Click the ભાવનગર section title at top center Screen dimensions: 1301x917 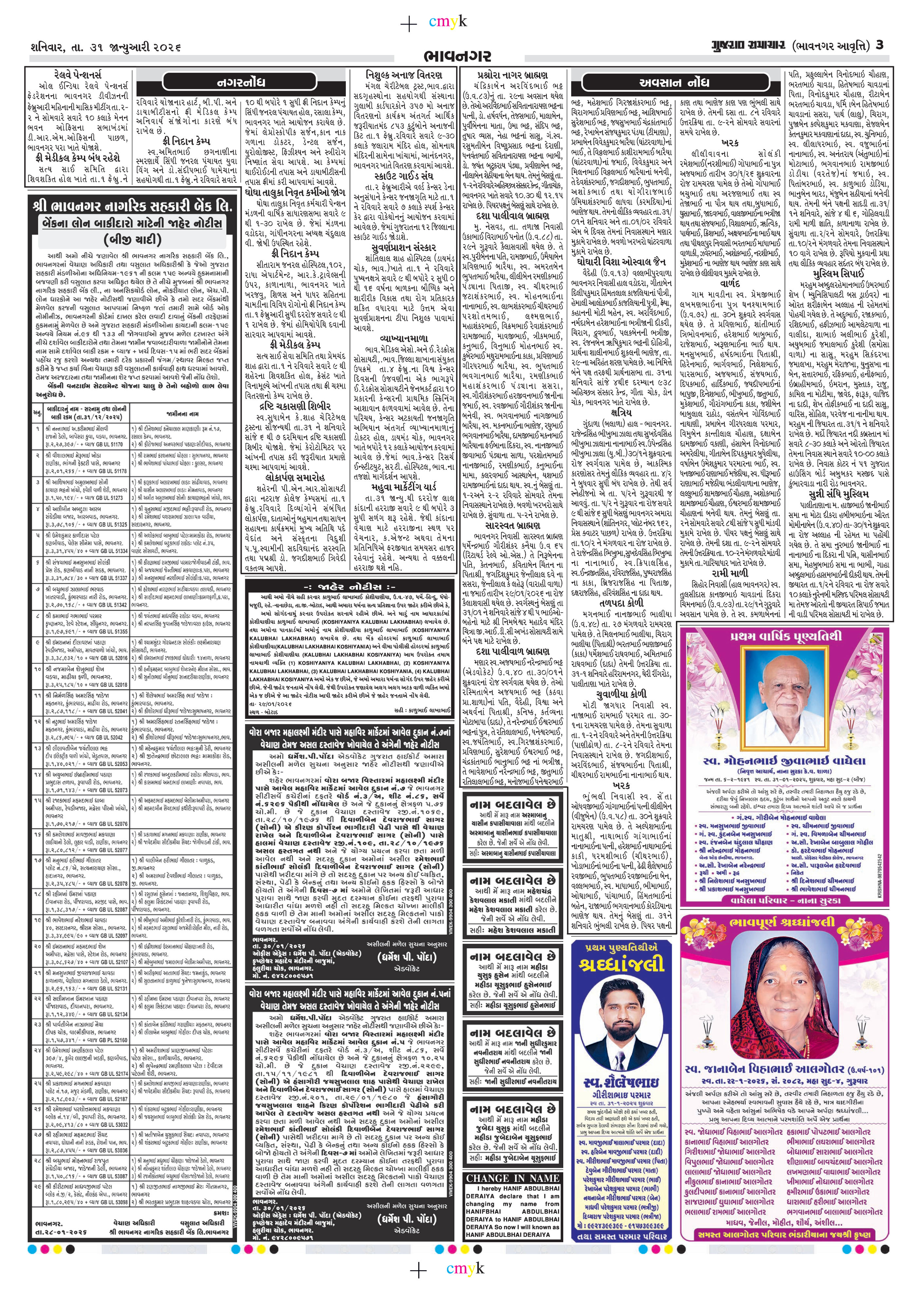(458, 56)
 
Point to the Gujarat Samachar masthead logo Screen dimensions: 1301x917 (748, 45)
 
